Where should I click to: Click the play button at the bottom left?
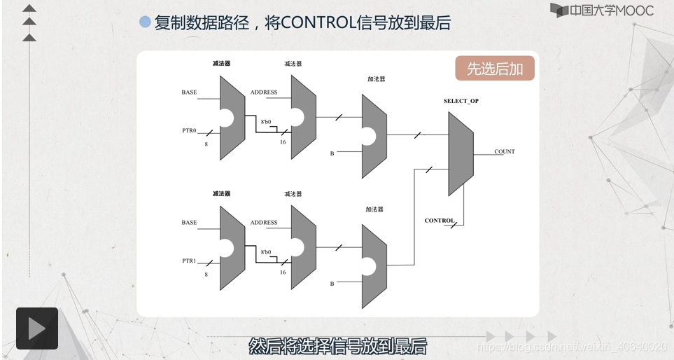[36, 328]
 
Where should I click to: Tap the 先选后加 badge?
[495, 69]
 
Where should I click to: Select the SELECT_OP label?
[461, 101]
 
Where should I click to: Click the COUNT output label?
[504, 151]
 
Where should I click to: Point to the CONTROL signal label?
[440, 221]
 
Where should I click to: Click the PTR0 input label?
[189, 130]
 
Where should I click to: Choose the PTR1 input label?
[189, 261]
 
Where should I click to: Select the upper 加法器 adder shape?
[374, 136]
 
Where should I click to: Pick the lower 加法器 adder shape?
[374, 266]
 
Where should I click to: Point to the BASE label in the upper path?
[189, 92]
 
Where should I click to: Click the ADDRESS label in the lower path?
[264, 223]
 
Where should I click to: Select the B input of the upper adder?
[332, 153]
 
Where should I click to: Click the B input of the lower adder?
[332, 284]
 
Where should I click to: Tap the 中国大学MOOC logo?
[601, 11]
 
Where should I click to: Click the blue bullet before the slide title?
[145, 22]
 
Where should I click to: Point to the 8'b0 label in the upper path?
[265, 122]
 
